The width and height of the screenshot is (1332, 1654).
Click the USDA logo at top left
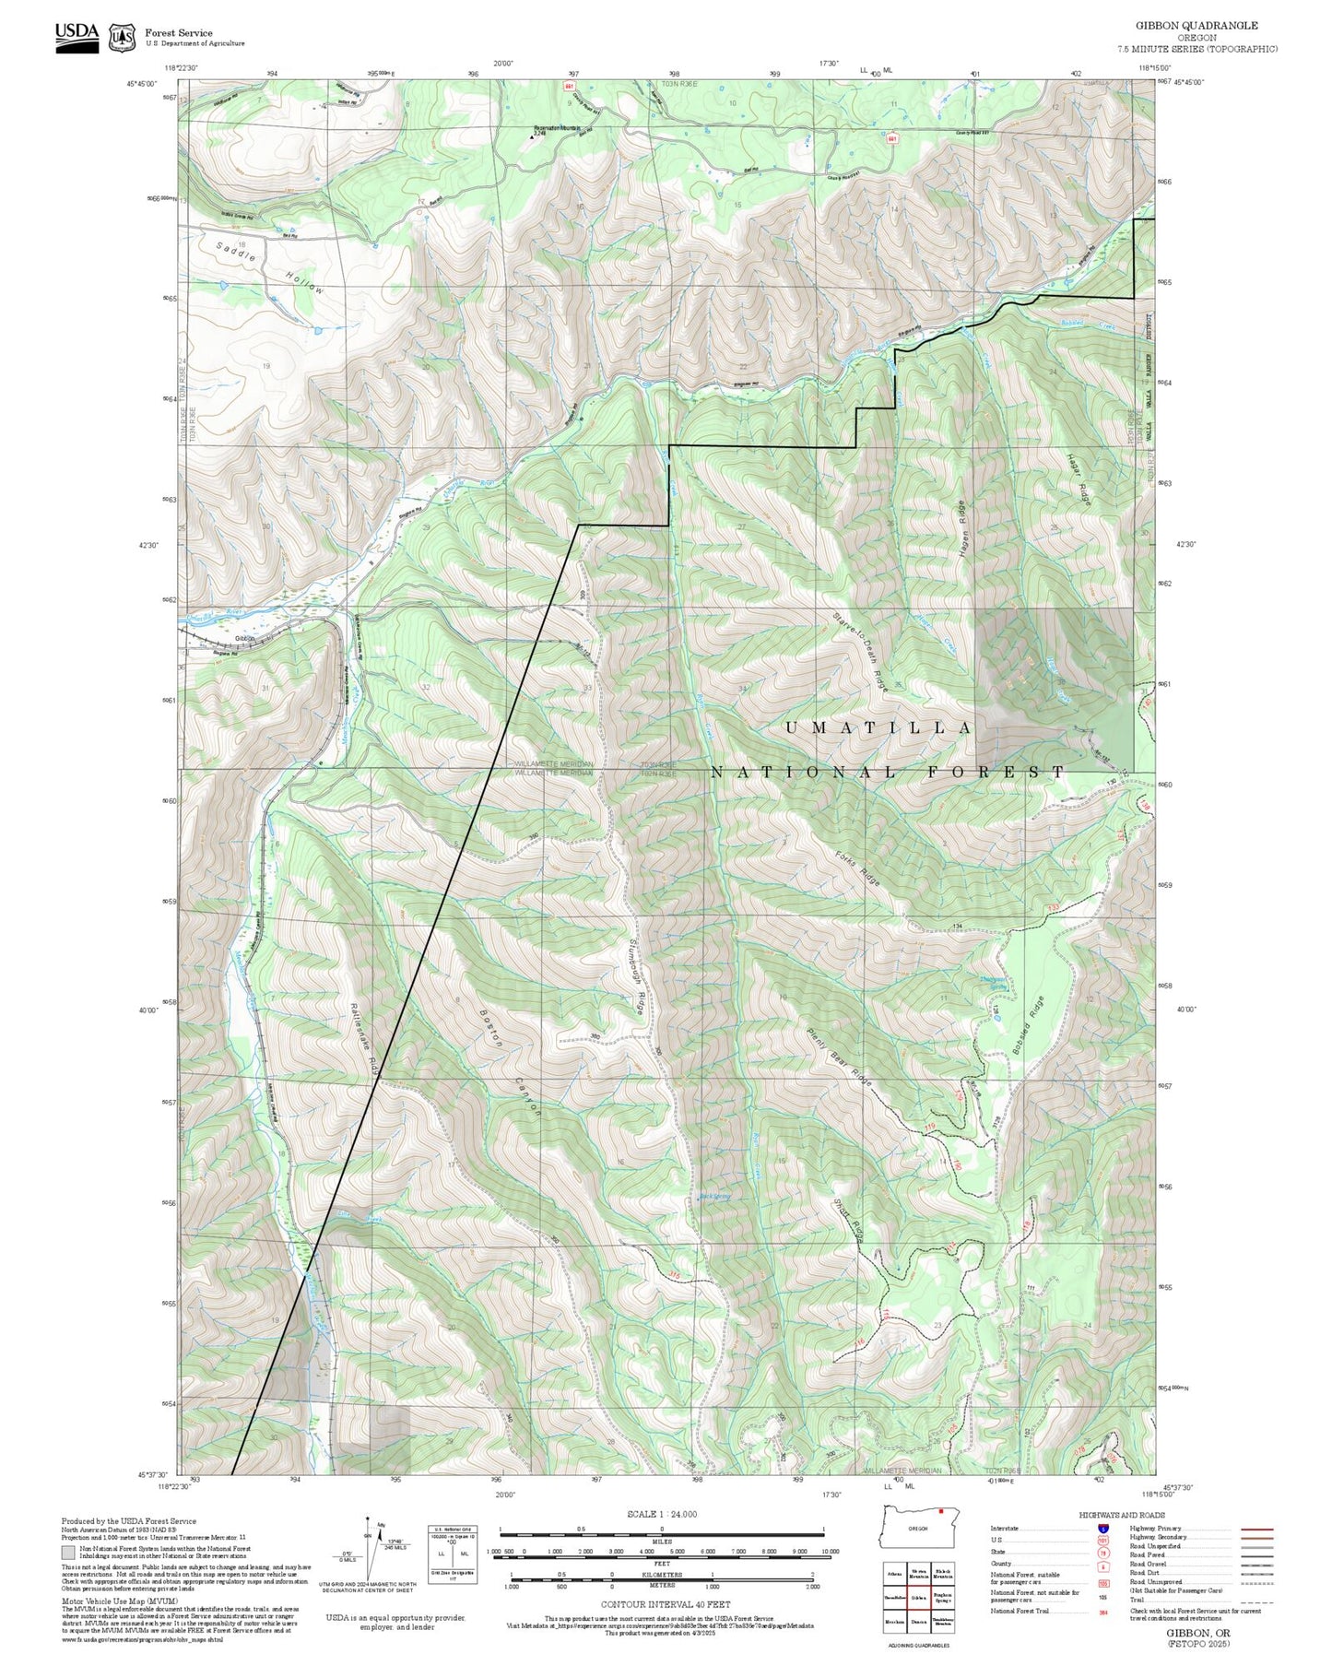point(77,37)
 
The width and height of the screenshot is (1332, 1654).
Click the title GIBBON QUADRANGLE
point(1196,26)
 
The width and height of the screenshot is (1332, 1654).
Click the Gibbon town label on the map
point(244,638)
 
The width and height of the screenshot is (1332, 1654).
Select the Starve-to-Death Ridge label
point(859,652)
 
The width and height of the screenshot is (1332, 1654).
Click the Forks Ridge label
point(858,868)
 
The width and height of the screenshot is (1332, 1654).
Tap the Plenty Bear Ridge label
point(839,1056)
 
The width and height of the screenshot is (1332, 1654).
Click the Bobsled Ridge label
point(1030,1025)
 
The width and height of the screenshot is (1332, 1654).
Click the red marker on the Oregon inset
point(939,1511)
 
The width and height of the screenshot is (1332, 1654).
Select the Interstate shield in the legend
point(1102,1528)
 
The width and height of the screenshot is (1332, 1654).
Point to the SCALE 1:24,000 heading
point(661,1514)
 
